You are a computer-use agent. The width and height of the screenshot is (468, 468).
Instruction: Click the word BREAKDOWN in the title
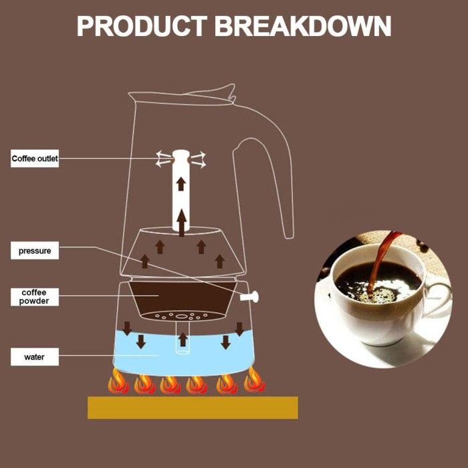(x=303, y=26)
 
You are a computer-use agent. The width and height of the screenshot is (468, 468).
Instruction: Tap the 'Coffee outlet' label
(x=35, y=159)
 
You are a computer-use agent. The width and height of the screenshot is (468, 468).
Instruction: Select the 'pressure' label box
(x=35, y=251)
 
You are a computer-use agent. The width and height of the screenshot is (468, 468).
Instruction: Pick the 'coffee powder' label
(x=35, y=297)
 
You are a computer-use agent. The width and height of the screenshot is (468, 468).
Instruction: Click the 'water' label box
(x=35, y=357)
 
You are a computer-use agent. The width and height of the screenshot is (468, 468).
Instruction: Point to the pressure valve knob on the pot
(x=252, y=295)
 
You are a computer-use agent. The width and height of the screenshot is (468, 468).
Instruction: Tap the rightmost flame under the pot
(x=253, y=382)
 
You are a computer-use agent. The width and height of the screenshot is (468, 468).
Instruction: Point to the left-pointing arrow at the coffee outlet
(x=162, y=159)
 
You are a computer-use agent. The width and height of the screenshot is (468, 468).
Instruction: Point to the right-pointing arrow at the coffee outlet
(x=199, y=159)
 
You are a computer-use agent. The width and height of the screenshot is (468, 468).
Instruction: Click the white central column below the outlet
(x=181, y=194)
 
